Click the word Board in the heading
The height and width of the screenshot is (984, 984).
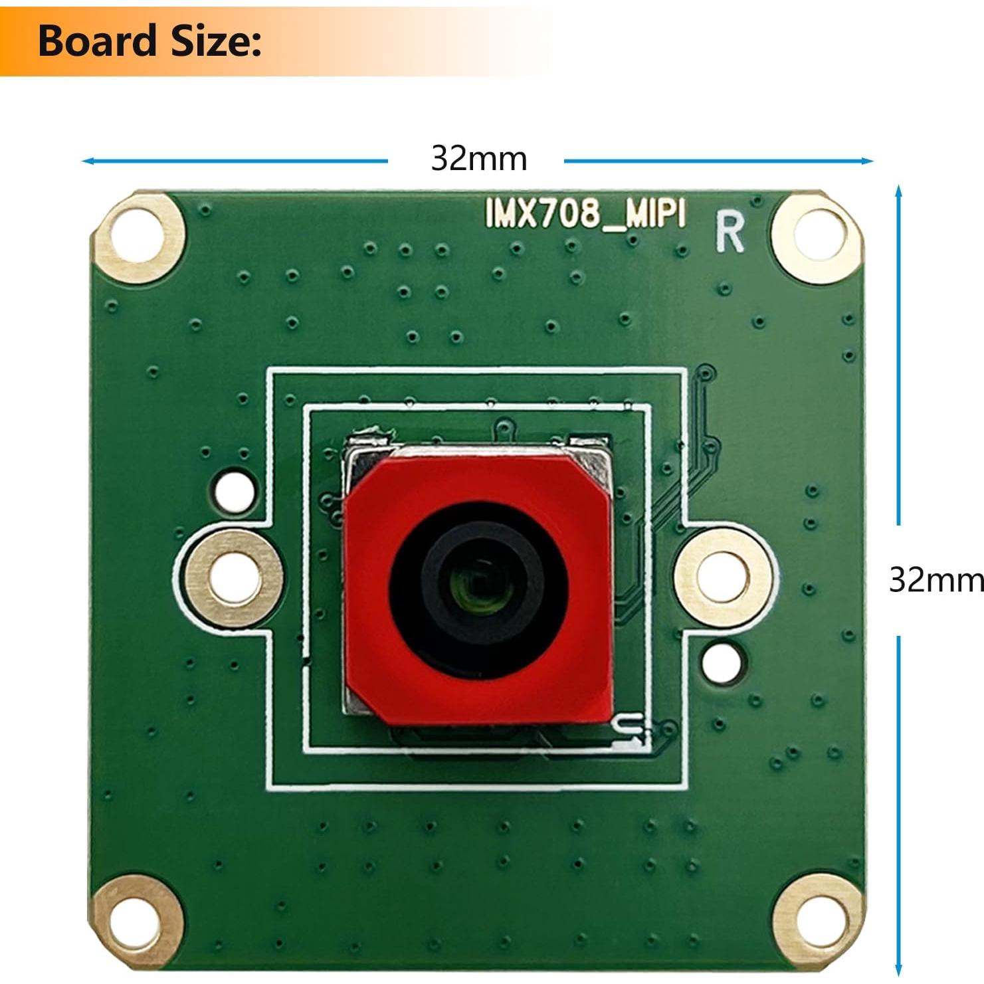(96, 41)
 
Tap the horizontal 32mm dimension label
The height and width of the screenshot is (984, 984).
(478, 159)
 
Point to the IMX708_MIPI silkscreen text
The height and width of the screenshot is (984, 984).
(585, 215)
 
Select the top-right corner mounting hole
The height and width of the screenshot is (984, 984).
(817, 237)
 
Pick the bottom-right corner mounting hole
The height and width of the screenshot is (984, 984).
(819, 920)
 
